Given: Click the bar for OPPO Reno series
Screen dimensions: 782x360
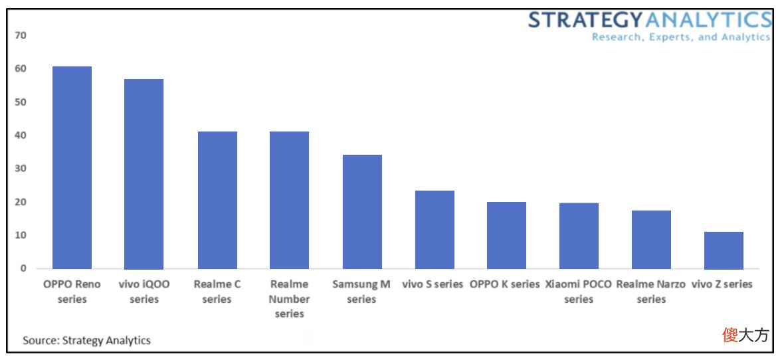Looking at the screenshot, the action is [x=72, y=167].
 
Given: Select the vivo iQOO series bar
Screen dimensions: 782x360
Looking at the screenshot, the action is [x=144, y=174].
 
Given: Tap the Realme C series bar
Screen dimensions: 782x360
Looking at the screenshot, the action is [x=217, y=201].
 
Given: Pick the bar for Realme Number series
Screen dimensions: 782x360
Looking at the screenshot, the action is [x=289, y=201].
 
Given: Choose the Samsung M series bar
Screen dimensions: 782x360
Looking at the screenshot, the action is [x=363, y=212].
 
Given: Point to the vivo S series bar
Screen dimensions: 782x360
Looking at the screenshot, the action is [x=435, y=230].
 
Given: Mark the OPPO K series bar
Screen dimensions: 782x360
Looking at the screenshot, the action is [x=507, y=235].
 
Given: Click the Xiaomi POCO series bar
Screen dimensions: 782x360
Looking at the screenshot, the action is [x=579, y=236].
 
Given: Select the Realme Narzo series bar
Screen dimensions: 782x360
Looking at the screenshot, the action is [x=651, y=240].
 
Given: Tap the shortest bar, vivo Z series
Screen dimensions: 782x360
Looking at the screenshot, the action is [x=724, y=250].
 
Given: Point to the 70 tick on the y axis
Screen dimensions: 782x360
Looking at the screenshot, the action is [x=21, y=35].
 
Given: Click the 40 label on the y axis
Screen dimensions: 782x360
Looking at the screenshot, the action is [x=21, y=135].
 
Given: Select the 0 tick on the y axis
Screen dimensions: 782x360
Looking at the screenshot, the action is [x=23, y=268].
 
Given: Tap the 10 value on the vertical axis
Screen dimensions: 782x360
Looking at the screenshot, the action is [x=21, y=235].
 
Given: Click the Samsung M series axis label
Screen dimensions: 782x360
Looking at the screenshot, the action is [x=361, y=292].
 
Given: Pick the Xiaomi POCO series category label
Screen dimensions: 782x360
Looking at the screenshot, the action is [x=579, y=292].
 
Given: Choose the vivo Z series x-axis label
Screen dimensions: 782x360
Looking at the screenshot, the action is [x=722, y=284].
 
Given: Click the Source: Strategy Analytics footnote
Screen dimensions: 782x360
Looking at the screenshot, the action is [x=86, y=341].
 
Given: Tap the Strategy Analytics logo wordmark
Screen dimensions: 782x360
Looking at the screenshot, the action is [x=650, y=21].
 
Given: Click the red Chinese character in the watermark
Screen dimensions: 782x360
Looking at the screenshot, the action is [x=730, y=335].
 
